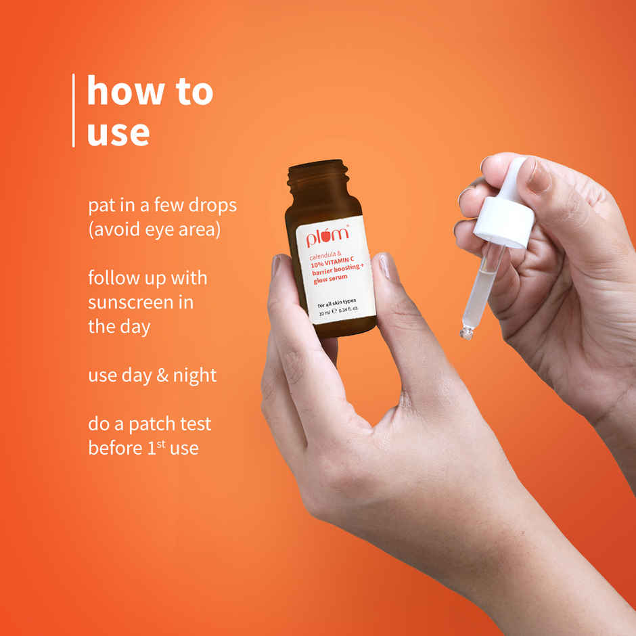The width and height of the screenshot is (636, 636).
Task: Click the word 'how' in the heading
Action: pos(126,91)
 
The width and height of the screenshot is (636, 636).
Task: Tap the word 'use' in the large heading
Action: pos(118,133)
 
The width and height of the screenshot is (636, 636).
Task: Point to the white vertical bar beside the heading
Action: pos(74,110)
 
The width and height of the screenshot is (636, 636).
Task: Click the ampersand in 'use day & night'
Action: pos(162,376)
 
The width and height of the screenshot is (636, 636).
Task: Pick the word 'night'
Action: pos(195,376)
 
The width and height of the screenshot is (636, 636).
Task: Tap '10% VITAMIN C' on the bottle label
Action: pos(332,262)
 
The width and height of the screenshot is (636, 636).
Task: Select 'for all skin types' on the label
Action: pos(337,303)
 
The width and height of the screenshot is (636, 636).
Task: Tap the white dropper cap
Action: pos(505,214)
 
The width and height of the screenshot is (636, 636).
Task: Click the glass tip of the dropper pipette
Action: pos(466,334)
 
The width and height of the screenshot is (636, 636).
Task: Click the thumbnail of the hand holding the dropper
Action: pos(539,175)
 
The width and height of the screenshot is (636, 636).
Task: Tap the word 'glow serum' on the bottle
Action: pos(330,278)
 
